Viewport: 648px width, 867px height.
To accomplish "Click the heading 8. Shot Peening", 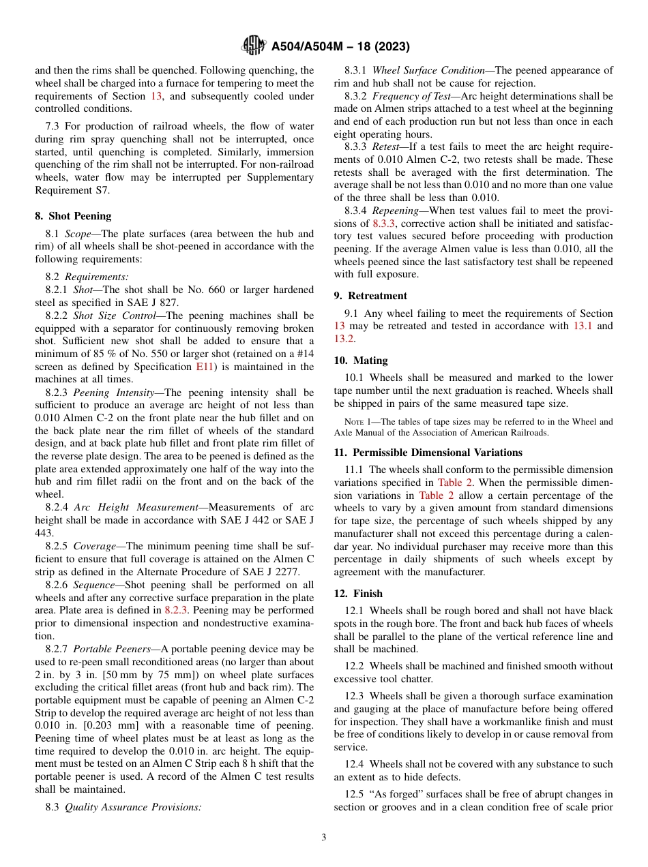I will pyautogui.click(x=73, y=216).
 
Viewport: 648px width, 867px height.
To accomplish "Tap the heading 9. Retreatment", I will pyautogui.click(x=370, y=296).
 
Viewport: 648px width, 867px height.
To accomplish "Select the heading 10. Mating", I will pyautogui.click(x=361, y=361).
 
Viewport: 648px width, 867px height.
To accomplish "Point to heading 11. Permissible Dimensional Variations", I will pyautogui.click(x=428, y=453).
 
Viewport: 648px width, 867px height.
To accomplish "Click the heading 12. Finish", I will pyautogui.click(x=358, y=594).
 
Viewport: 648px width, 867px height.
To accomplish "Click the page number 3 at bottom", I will pyautogui.click(x=324, y=837).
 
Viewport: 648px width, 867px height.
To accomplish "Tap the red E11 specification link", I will pyautogui.click(x=203, y=367).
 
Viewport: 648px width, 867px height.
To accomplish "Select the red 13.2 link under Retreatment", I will pyautogui.click(x=344, y=339).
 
